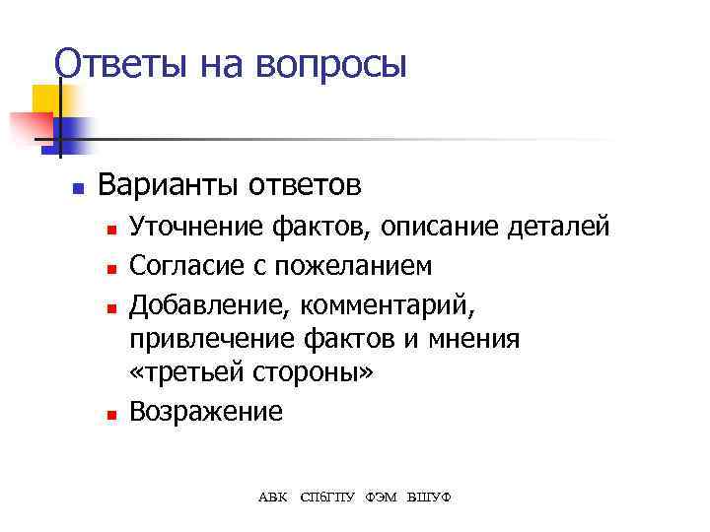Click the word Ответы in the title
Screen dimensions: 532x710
tap(108, 64)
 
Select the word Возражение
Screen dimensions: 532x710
tap(205, 412)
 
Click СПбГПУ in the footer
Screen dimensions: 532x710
tap(327, 496)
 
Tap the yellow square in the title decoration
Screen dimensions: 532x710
tap(44, 99)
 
